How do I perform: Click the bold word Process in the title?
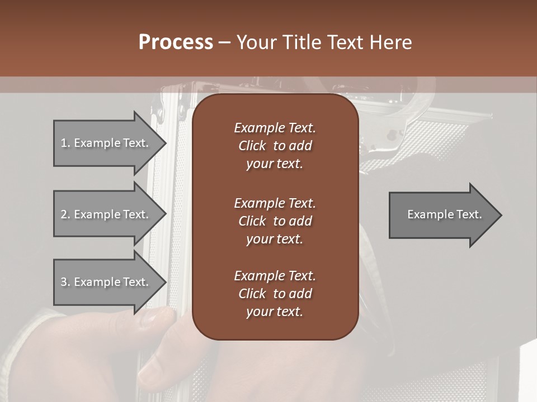coord(176,42)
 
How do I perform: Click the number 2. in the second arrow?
coord(65,214)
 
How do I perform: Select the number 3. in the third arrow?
coord(65,282)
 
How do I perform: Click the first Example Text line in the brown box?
coord(275,128)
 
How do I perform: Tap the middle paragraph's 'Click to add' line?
coord(275,221)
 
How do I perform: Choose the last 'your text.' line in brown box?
coord(275,312)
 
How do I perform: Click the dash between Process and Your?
coord(224,42)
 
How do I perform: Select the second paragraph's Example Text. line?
coord(275,203)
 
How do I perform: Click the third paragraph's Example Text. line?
coord(275,276)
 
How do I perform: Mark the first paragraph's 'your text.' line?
coord(275,164)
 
